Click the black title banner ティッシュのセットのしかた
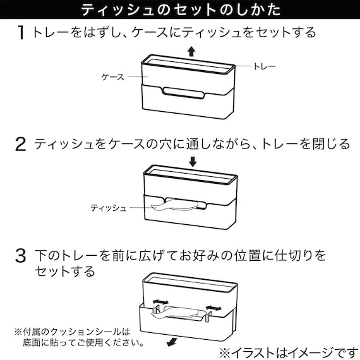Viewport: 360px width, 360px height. (180, 10)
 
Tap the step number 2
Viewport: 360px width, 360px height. (21, 145)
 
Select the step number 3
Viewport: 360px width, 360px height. (21, 256)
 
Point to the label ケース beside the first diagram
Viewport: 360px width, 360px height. (113, 76)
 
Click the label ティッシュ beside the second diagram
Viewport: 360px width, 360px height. (108, 207)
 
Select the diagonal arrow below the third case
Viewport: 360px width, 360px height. (170, 342)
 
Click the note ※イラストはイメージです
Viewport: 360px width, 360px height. (283, 351)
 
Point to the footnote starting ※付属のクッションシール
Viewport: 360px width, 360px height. (76, 337)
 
